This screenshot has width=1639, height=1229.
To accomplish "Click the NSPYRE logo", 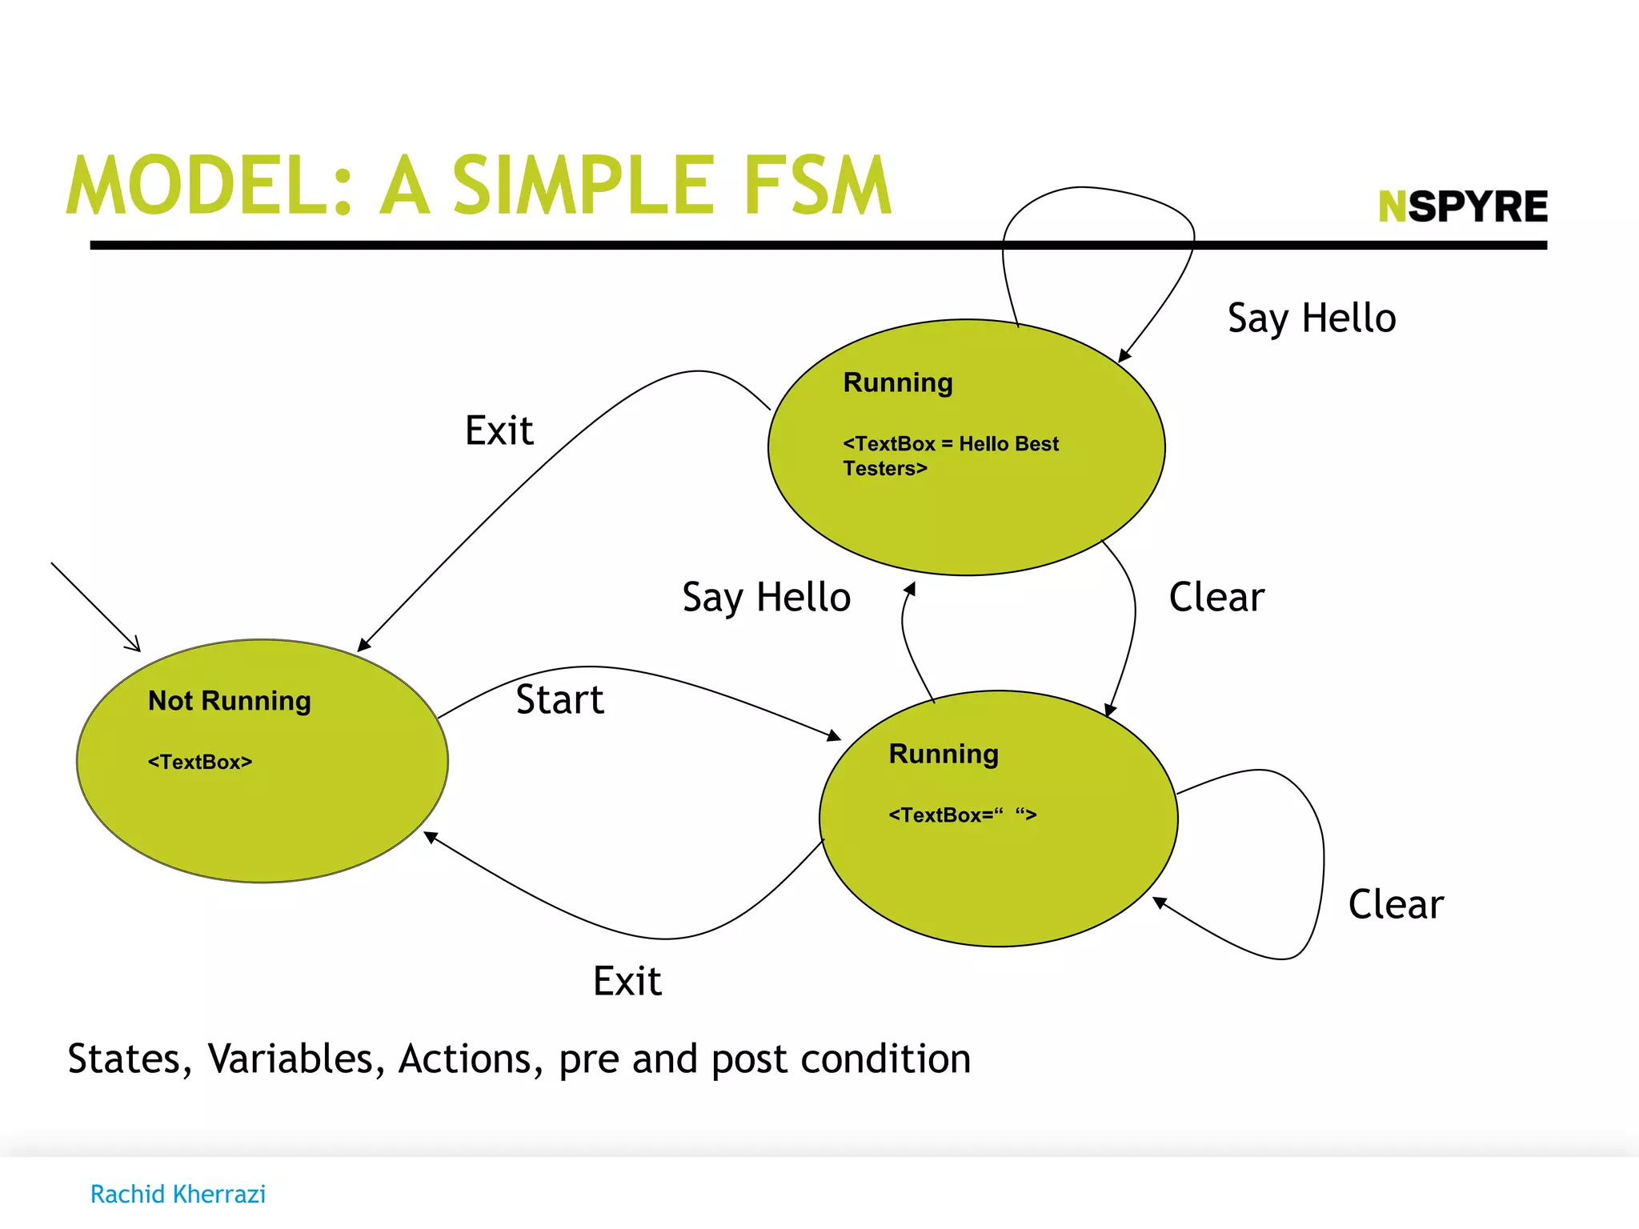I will pyautogui.click(x=1463, y=206).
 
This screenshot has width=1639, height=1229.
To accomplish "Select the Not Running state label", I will pyautogui.click(x=230, y=701).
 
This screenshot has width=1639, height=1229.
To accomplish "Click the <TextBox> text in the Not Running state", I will pyautogui.click(x=200, y=762).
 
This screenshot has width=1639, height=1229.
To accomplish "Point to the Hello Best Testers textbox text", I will pyautogui.click(x=951, y=455).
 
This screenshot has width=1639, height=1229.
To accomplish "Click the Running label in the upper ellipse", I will pyautogui.click(x=898, y=382).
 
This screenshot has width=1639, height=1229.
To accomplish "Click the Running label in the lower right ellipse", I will pyautogui.click(x=944, y=754).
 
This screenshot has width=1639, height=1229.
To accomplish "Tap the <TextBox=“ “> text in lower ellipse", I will pyautogui.click(x=963, y=815).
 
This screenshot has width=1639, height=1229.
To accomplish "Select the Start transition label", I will pyautogui.click(x=559, y=699).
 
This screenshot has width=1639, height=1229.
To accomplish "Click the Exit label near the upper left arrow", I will pyautogui.click(x=499, y=430).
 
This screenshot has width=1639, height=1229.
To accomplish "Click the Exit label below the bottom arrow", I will pyautogui.click(x=627, y=981).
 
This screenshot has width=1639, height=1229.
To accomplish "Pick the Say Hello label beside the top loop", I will pyautogui.click(x=1312, y=318).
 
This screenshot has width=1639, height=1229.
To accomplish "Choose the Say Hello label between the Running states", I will pyautogui.click(x=766, y=598).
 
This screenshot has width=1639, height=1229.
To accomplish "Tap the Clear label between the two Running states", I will pyautogui.click(x=1216, y=597).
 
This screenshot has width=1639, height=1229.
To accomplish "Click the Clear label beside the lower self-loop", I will pyautogui.click(x=1396, y=904).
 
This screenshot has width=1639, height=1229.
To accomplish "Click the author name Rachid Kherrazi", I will pyautogui.click(x=178, y=1194).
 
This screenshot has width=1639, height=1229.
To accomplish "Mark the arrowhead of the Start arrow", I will pyautogui.click(x=835, y=735).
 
